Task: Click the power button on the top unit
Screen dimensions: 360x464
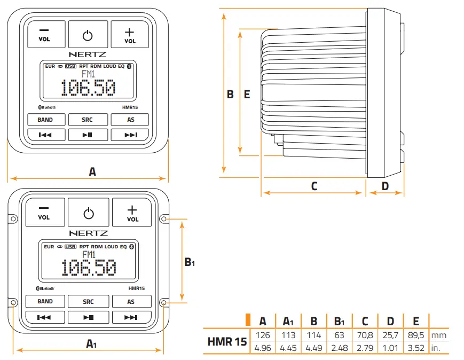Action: (88, 35)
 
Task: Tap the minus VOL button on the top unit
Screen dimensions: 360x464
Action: (44, 35)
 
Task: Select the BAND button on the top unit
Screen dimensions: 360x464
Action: (45, 120)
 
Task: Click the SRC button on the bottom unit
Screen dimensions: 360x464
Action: (88, 302)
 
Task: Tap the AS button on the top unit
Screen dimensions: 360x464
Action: (130, 120)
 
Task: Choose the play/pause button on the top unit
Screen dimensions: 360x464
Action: (88, 135)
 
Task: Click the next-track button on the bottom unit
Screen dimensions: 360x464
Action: (131, 317)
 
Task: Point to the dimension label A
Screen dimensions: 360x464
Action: (92, 171)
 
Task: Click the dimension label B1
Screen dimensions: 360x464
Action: (190, 262)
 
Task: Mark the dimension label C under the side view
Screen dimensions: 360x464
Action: (314, 186)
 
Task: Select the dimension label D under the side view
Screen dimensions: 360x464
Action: (386, 186)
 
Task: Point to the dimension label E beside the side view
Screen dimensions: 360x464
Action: (247, 95)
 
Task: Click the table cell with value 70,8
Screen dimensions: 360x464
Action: (365, 335)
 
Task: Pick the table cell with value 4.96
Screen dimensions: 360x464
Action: (263, 348)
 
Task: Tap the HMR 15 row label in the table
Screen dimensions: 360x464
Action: (227, 342)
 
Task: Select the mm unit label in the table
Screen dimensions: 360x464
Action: (438, 335)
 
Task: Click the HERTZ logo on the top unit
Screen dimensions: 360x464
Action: (88, 54)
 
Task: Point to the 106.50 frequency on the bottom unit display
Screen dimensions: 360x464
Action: (88, 269)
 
